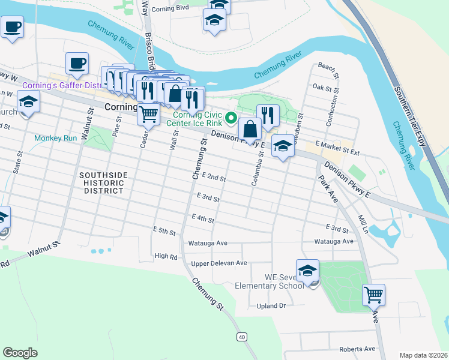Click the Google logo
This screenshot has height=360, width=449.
20,353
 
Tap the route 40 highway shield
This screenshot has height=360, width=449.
241,337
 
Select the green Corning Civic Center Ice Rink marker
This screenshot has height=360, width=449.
229,116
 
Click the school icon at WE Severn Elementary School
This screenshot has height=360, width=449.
307,271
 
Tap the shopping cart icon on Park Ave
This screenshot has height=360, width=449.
373,295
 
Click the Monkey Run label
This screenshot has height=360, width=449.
55,138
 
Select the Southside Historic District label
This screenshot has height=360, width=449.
104,182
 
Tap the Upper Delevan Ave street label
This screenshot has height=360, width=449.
218,263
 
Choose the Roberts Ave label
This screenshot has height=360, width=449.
357,349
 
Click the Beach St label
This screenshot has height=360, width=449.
329,65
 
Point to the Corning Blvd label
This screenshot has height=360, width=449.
170,9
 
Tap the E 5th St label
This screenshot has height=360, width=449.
163,230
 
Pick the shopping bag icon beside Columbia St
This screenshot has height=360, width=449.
250,128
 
